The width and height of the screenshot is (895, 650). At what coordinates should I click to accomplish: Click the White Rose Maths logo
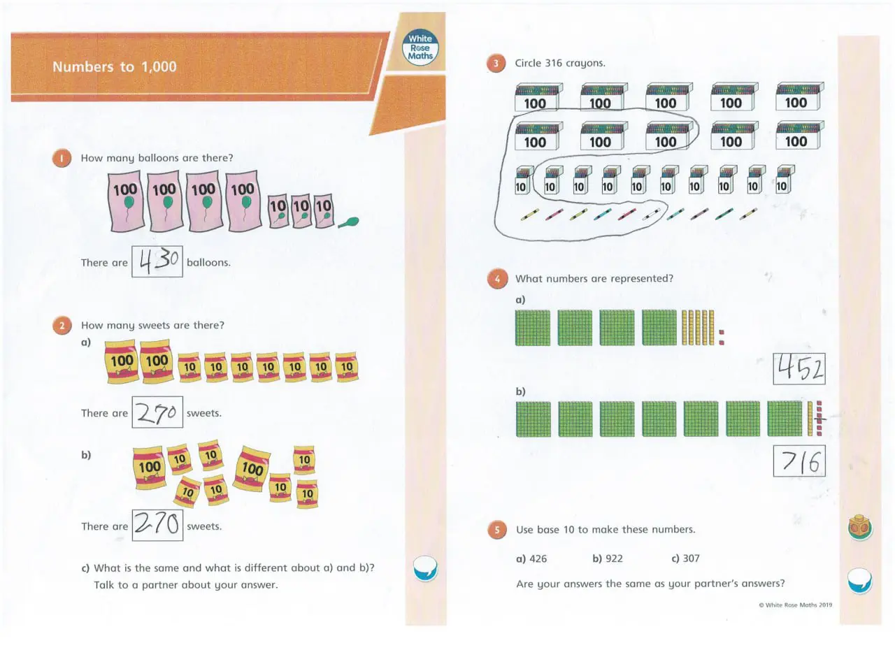(420, 48)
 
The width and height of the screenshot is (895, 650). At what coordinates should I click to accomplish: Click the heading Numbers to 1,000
(114, 66)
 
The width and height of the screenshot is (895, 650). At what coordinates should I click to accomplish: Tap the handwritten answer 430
(158, 261)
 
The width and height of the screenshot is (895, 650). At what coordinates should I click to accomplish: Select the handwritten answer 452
(799, 368)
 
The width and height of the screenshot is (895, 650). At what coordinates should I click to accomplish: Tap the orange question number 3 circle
(496, 63)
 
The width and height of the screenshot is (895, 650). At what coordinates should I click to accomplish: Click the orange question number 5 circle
(497, 530)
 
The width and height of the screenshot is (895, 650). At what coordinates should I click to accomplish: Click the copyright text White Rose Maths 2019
(796, 605)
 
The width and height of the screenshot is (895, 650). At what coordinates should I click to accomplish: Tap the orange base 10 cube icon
(860, 528)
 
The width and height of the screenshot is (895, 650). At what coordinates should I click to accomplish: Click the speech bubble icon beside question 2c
(425, 568)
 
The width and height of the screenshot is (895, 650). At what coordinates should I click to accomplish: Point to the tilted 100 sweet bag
(252, 468)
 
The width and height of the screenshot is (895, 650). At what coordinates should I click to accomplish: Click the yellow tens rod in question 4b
(810, 419)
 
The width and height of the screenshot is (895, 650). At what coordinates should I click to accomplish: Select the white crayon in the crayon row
(652, 215)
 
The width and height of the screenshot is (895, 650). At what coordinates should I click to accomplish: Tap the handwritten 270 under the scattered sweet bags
(157, 523)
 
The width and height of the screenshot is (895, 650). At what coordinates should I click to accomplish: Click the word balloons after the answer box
(208, 263)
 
